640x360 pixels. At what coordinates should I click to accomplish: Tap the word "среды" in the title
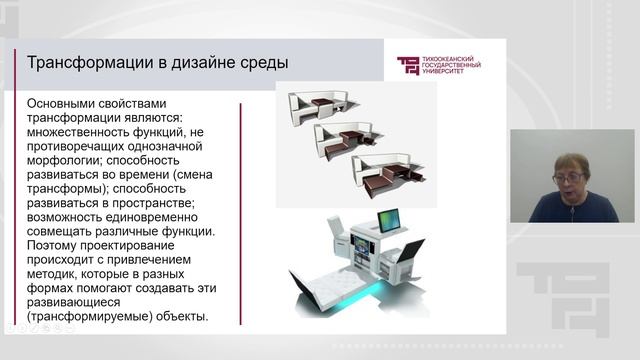click(x=264, y=64)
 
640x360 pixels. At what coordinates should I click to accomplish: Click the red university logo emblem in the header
click(x=409, y=66)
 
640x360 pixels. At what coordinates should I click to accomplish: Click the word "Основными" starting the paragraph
click(x=67, y=104)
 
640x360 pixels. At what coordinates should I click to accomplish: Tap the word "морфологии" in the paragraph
click(x=65, y=160)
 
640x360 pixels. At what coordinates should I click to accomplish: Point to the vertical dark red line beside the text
click(x=240, y=211)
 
